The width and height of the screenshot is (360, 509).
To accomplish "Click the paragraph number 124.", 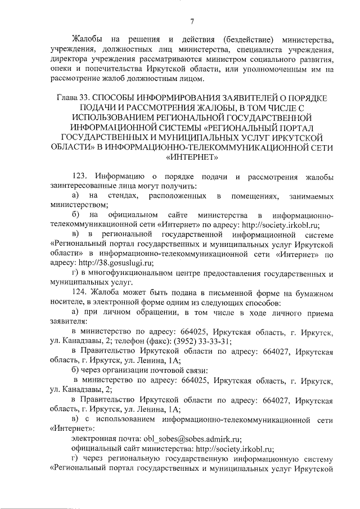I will pyautogui.click(x=81, y=292).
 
